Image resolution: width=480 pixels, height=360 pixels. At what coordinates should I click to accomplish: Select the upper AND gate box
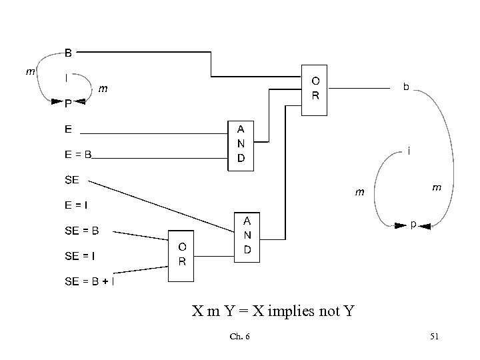tap(241, 145)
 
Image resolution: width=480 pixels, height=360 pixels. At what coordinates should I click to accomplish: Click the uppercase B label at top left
tap(69, 52)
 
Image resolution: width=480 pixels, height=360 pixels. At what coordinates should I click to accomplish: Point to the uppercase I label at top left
tap(65, 77)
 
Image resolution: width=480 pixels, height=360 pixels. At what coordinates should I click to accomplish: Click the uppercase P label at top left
tap(69, 104)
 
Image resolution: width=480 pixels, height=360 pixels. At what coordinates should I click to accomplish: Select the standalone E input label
tap(68, 129)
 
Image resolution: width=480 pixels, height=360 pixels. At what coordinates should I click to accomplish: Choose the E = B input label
tap(77, 155)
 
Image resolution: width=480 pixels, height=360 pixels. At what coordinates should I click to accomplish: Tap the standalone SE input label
tap(73, 181)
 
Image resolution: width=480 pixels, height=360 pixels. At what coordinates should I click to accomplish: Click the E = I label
tap(77, 206)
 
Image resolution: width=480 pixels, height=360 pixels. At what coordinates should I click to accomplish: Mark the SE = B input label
tap(82, 231)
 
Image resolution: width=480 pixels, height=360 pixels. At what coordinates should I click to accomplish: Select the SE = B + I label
tap(89, 281)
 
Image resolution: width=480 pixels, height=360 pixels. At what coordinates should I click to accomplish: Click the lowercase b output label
tap(406, 87)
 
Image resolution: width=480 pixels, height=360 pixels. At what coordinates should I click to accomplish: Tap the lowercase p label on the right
tap(413, 225)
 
